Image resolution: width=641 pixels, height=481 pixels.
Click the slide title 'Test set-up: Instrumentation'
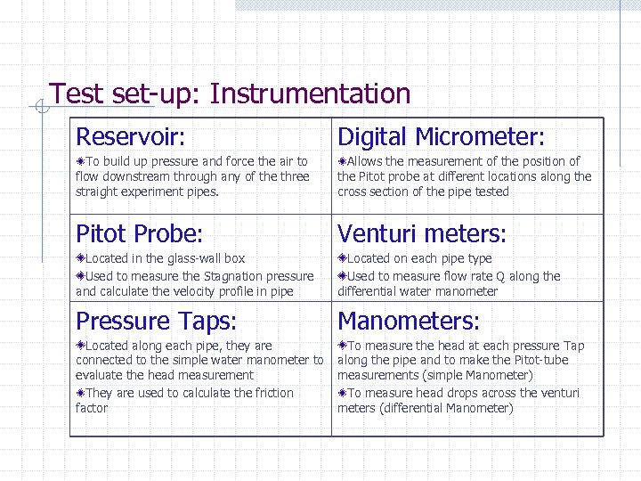[230, 94]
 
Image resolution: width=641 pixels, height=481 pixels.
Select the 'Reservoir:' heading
[131, 137]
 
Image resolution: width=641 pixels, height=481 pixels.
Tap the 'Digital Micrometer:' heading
[441, 137]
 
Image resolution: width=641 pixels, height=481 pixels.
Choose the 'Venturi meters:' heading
[422, 234]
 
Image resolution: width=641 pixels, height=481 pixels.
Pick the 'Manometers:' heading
[409, 321]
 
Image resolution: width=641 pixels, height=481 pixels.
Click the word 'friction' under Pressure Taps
[273, 393]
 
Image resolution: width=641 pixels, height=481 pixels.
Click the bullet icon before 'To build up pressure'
[80, 162]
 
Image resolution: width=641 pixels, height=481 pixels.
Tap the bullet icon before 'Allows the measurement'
[342, 162]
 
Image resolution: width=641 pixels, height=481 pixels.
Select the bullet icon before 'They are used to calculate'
[80, 393]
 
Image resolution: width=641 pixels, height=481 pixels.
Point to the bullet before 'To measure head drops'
[342, 393]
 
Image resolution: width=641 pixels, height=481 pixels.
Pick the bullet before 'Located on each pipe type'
[342, 258]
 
